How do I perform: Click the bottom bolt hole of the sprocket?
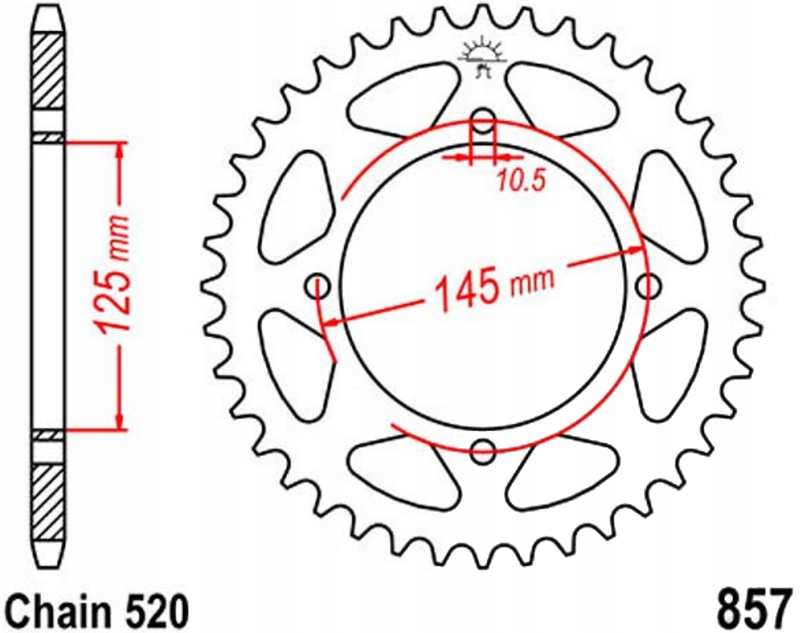(483, 451)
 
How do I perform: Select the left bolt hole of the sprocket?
(317, 286)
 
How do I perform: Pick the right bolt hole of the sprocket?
(650, 287)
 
